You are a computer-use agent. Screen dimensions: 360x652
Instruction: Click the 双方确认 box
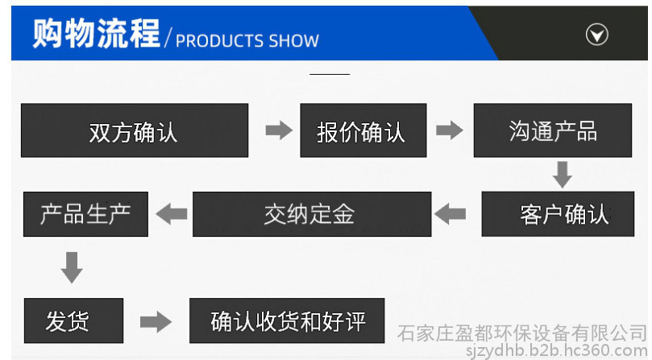tap(134, 130)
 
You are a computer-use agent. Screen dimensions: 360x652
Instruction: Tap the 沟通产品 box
tap(552, 130)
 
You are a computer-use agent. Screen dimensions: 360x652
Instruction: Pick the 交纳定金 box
tap(308, 213)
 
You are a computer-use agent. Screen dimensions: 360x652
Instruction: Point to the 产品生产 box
tap(85, 213)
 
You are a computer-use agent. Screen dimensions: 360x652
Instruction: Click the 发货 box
tap(73, 321)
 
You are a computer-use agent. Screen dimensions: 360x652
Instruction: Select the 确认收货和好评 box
tap(287, 321)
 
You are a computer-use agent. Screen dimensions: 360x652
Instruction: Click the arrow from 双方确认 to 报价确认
tap(279, 130)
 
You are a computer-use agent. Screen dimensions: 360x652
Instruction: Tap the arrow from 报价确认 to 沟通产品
tap(449, 130)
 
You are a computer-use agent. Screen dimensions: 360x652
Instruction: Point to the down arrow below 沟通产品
tap(562, 173)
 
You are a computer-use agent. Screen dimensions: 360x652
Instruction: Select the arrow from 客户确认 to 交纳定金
tap(450, 213)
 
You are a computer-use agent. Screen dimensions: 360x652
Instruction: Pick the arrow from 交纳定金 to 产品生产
tap(171, 213)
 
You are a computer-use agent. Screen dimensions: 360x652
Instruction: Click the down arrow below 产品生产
tap(72, 267)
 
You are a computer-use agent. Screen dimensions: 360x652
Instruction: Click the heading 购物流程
tap(96, 35)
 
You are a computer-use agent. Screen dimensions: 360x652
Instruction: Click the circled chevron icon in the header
tap(596, 35)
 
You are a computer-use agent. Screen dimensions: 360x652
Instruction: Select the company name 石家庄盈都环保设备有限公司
tap(523, 332)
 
